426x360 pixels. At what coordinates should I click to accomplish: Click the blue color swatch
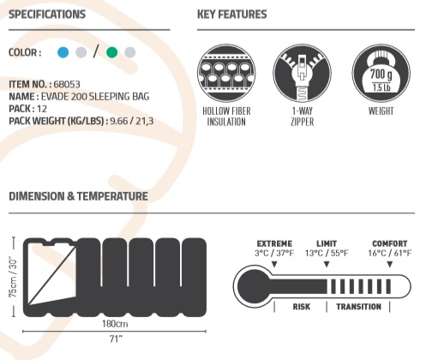tap(63, 52)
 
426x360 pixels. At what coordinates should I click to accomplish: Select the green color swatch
tap(111, 52)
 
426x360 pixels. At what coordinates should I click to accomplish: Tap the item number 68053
tap(67, 84)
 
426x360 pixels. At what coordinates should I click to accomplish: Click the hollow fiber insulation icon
tap(226, 73)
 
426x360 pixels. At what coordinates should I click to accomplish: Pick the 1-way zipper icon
tap(302, 73)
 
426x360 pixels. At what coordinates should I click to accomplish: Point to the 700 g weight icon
tap(381, 73)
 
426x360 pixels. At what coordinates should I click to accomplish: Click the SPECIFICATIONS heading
tap(47, 15)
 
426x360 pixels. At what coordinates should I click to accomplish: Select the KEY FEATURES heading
tap(232, 15)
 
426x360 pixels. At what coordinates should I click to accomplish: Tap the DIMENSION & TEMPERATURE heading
tap(79, 196)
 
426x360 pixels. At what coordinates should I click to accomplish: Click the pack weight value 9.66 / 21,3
tap(132, 121)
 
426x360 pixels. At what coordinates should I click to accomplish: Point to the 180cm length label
tap(115, 324)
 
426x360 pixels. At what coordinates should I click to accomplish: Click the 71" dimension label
tap(116, 339)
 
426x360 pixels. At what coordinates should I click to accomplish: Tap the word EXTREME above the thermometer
tap(274, 243)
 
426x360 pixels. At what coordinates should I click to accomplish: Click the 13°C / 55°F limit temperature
tap(327, 253)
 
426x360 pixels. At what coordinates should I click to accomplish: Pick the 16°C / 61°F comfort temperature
tap(390, 253)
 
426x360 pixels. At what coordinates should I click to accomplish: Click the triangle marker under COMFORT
tap(390, 265)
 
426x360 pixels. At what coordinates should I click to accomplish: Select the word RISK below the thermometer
tap(302, 307)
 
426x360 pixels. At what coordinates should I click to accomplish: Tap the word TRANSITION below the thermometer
tap(358, 307)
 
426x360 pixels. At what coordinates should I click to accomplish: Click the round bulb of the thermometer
tap(253, 286)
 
